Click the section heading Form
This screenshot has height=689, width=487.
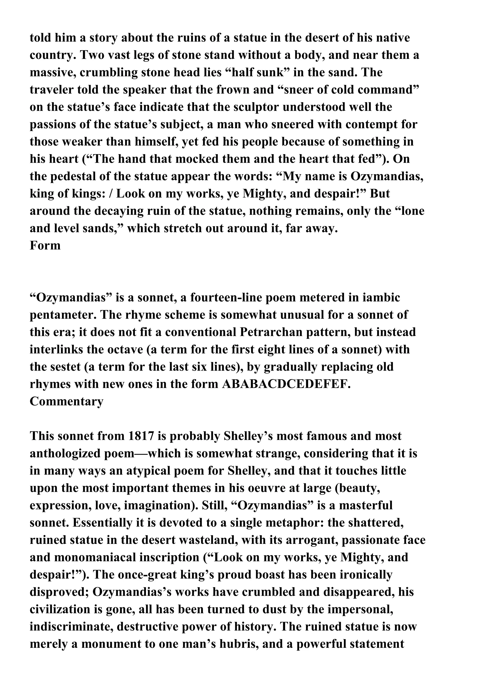coord(45,246)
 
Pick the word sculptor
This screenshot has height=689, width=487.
coord(254,107)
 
